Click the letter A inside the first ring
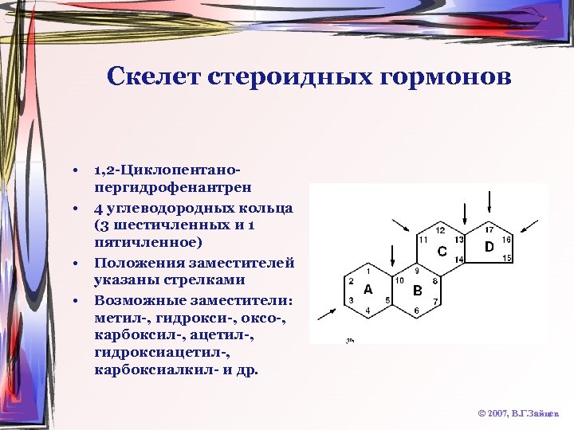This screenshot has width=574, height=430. pyautogui.click(x=368, y=289)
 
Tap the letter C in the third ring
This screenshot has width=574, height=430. pyautogui.click(x=442, y=252)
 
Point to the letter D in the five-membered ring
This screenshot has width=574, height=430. pyautogui.click(x=489, y=247)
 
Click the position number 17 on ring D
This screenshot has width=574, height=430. pyautogui.click(x=489, y=229)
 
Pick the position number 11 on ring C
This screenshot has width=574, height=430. pyautogui.click(x=423, y=239)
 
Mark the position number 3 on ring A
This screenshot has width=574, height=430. pyautogui.click(x=352, y=299)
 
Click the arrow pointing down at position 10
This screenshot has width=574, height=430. pyautogui.click(x=391, y=256)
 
